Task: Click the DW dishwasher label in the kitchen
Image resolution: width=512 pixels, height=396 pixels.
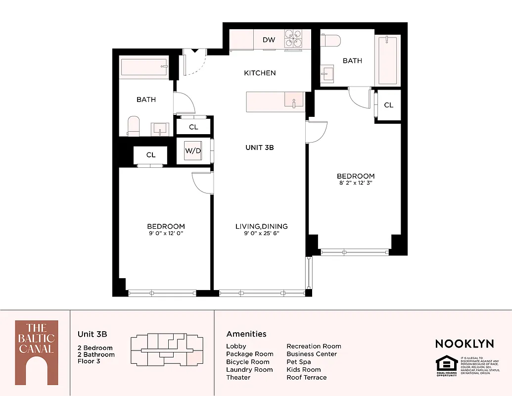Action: pos(269,40)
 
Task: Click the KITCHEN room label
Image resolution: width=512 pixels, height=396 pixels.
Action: pos(260,73)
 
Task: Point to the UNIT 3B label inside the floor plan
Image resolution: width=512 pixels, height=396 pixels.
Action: pos(260,148)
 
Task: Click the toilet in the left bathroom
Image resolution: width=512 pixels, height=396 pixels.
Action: pos(134,126)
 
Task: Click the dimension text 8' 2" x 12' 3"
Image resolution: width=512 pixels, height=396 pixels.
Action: pos(355,183)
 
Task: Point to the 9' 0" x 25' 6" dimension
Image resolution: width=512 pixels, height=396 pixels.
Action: pos(261,234)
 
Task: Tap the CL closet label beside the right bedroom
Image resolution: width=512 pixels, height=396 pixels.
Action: pos(388,105)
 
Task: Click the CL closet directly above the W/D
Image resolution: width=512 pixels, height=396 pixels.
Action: pos(193,127)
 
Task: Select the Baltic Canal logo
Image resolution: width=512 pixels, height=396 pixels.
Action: pos(36,352)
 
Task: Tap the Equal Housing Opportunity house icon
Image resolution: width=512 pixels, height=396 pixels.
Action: pos(446,365)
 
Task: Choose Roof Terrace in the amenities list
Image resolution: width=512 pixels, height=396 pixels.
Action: pos(306,377)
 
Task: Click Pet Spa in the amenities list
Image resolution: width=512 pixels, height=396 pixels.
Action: pos(299,362)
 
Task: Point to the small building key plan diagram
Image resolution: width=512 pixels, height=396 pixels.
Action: pos(167,351)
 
